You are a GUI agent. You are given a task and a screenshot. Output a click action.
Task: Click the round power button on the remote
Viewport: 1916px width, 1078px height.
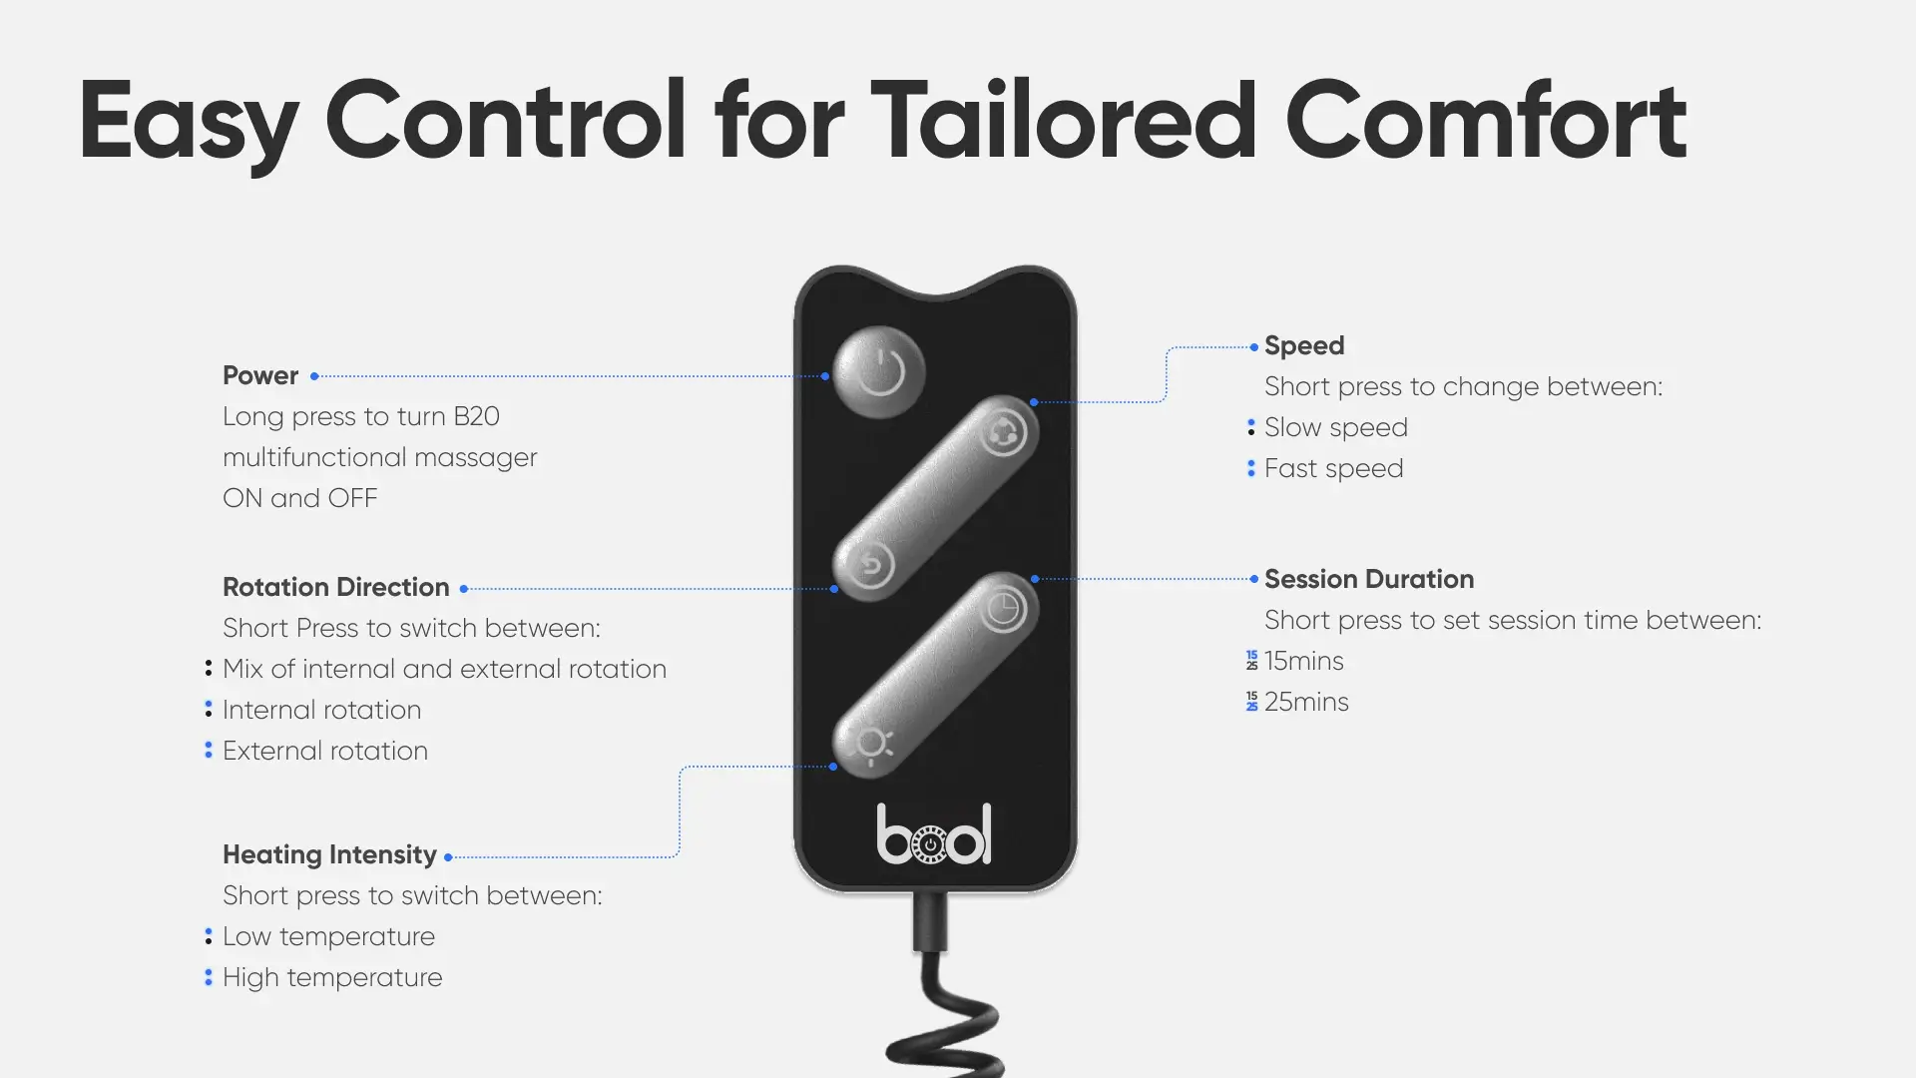click(x=879, y=371)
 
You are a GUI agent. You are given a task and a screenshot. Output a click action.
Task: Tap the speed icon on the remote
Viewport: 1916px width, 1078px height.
click(x=1002, y=433)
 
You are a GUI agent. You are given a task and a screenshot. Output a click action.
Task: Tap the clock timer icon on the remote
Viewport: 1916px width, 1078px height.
click(x=1002, y=609)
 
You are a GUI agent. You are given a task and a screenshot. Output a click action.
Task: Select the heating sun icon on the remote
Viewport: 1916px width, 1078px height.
click(x=872, y=744)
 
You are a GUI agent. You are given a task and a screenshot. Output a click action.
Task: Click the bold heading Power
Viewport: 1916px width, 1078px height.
click(x=260, y=376)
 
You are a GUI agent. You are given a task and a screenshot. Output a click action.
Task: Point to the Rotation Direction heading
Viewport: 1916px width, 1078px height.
click(x=336, y=587)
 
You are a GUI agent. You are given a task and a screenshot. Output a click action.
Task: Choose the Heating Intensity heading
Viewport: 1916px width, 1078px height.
click(x=329, y=855)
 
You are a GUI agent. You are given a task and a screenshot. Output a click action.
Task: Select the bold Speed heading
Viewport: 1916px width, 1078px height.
click(x=1304, y=346)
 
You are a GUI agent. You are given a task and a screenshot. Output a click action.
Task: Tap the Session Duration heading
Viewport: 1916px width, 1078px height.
click(x=1369, y=579)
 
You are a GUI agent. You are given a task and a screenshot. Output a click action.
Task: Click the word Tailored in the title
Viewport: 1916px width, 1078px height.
click(x=1064, y=121)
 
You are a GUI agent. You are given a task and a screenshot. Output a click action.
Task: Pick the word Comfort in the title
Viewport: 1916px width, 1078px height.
click(x=1486, y=121)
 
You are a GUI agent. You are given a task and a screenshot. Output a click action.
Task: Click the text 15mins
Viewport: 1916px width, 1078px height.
click(x=1303, y=661)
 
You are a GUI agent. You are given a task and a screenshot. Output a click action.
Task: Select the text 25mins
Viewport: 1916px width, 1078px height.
click(x=1306, y=702)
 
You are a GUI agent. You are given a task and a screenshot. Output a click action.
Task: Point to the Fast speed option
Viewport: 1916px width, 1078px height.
click(x=1333, y=469)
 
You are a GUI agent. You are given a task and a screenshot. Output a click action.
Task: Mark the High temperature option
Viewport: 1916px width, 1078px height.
click(x=332, y=978)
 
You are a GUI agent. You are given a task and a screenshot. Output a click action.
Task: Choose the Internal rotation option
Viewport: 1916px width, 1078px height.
click(x=321, y=710)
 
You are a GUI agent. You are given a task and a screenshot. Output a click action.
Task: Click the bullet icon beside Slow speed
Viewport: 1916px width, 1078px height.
click(x=1251, y=427)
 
